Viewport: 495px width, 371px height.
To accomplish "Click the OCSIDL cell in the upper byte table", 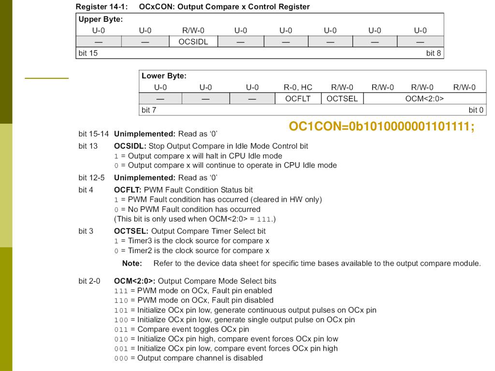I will click(193, 42).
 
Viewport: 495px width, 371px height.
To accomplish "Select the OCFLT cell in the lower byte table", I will click(298, 99).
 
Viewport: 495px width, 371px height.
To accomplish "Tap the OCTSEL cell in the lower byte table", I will click(342, 99).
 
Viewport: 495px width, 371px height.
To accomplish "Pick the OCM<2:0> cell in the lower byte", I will click(424, 99).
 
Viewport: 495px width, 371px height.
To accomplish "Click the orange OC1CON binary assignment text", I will click(381, 127).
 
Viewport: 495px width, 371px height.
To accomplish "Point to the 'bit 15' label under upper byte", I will click(87, 53).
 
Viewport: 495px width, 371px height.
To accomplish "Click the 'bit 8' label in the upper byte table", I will click(433, 53).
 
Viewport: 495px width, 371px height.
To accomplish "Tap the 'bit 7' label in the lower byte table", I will click(149, 110).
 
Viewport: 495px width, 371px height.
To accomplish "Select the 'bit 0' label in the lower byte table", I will click(476, 110).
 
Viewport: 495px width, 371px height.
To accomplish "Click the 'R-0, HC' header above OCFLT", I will click(298, 87).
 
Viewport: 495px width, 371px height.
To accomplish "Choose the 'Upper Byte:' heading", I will click(101, 19).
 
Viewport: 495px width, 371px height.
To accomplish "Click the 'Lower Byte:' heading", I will click(164, 76).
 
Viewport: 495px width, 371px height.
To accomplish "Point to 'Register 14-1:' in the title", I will click(102, 7).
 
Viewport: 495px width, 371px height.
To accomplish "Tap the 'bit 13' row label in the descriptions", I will click(88, 146).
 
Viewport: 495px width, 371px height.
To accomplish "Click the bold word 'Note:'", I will click(132, 263).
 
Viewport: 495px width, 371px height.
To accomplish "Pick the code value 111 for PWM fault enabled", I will click(121, 291).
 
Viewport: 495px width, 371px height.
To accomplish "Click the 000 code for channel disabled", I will click(121, 358).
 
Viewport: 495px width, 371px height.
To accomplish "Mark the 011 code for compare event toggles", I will click(121, 329).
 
